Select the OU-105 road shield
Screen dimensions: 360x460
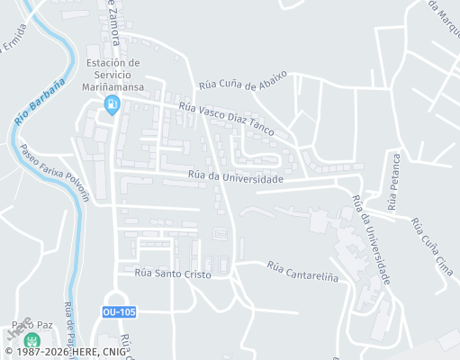(x=120, y=311)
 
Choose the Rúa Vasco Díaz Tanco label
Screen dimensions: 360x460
(x=227, y=118)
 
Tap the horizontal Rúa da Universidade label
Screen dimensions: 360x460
(x=236, y=177)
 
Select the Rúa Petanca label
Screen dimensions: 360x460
(x=392, y=180)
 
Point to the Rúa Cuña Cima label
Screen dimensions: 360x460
(x=429, y=244)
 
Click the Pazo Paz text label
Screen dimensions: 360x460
(x=28, y=324)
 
